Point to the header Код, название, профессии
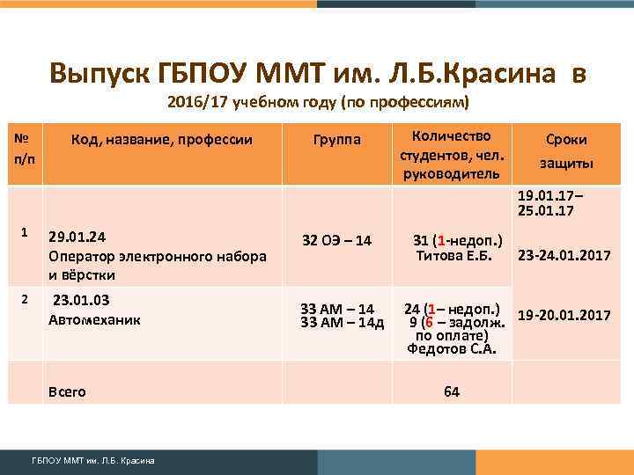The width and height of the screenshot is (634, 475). click(162, 139)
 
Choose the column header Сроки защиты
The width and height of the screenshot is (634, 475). click(566, 151)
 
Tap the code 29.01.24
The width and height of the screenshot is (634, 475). click(77, 237)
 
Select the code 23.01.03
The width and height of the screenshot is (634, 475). click(81, 300)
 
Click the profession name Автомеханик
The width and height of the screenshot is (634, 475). click(94, 320)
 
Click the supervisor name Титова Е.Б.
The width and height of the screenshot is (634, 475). click(452, 256)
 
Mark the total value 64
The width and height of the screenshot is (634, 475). click(452, 391)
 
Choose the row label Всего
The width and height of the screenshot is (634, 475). click(68, 391)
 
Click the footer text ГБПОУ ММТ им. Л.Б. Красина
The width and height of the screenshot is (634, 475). click(93, 460)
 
